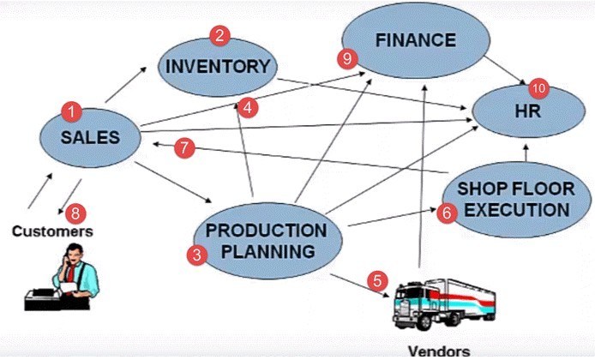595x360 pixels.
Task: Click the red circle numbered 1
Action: click(73, 111)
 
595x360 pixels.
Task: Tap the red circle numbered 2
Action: click(220, 36)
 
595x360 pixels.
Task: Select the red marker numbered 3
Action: click(198, 255)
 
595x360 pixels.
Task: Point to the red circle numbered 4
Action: click(247, 107)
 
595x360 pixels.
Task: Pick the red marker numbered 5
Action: click(377, 280)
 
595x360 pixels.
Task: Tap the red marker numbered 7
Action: click(183, 147)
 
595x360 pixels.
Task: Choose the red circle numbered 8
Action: click(75, 211)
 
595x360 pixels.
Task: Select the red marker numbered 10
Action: click(538, 87)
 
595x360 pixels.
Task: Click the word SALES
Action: click(89, 136)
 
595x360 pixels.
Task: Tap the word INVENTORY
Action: click(218, 66)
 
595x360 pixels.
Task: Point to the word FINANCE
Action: click(415, 39)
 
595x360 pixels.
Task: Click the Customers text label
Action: click(52, 231)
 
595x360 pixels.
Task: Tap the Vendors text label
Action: click(439, 351)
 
